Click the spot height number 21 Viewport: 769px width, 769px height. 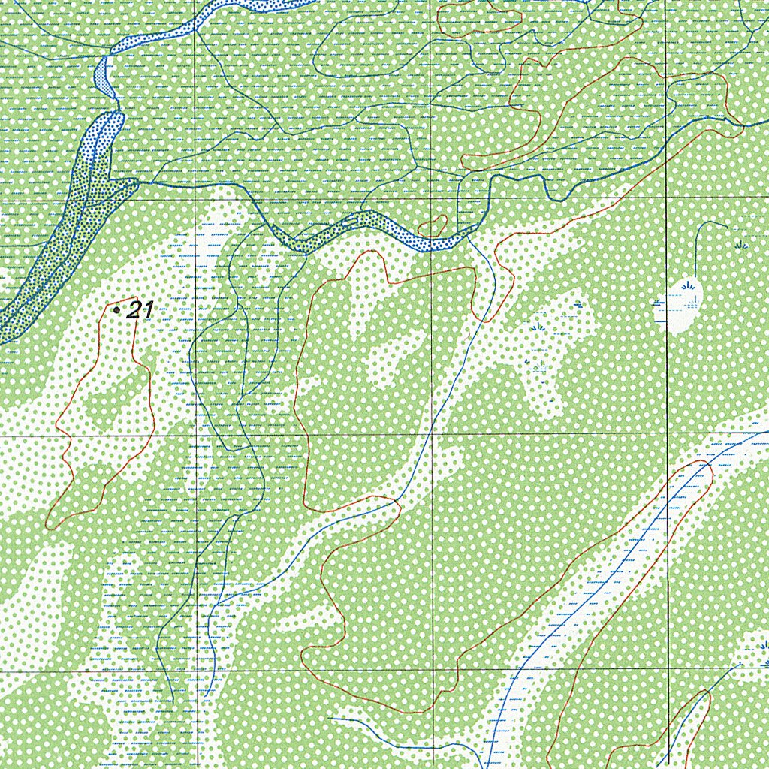[141, 309]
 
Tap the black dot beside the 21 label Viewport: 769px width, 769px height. [116, 309]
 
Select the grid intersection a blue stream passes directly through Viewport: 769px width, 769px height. [431, 434]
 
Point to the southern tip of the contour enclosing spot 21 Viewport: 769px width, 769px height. [50, 526]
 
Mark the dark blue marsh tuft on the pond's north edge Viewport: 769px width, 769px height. [688, 285]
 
